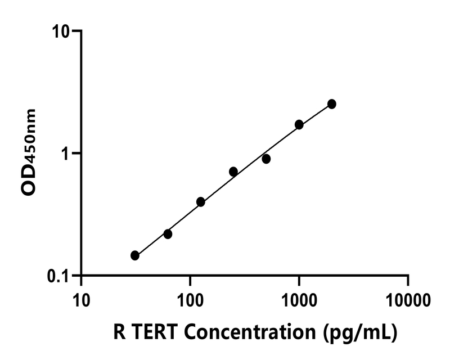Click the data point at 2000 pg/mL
pyautogui.click(x=332, y=104)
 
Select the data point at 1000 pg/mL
pyautogui.click(x=299, y=124)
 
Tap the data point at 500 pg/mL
pyautogui.click(x=266, y=159)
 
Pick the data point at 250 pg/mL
pyautogui.click(x=233, y=172)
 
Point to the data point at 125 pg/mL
pyautogui.click(x=201, y=202)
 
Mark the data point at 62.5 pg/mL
pyautogui.click(x=168, y=234)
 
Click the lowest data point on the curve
pyautogui.click(x=135, y=255)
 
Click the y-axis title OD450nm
pyautogui.click(x=29, y=152)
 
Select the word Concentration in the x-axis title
pyautogui.click(x=250, y=332)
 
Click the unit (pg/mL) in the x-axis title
pyautogui.click(x=360, y=333)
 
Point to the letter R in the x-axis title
pyautogui.click(x=119, y=332)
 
